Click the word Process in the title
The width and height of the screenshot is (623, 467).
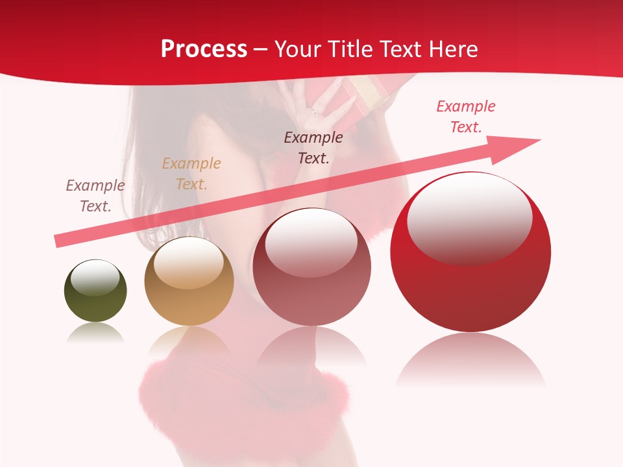point(204,49)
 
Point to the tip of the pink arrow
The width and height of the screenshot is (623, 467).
point(539,140)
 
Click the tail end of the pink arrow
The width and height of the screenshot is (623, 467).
point(56,241)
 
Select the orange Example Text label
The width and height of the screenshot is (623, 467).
point(191,174)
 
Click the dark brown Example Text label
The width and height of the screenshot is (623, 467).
point(313,148)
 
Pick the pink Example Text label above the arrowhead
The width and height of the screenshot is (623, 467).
point(466,117)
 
